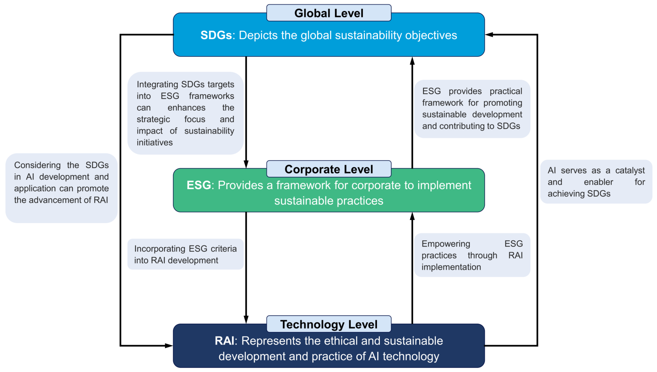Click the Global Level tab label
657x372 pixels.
click(x=328, y=13)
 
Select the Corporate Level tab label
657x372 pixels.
click(x=328, y=169)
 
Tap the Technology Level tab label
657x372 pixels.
click(x=328, y=324)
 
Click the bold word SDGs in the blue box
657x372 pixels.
click(x=216, y=35)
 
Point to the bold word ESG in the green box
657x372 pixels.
click(x=199, y=185)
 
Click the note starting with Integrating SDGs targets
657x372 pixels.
click(x=185, y=113)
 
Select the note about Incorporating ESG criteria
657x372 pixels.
click(x=185, y=254)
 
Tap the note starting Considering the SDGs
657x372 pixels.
click(x=61, y=188)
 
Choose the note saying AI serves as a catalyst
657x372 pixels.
click(x=596, y=182)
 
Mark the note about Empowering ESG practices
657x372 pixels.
click(x=472, y=255)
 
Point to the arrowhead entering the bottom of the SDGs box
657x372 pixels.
click(x=412, y=61)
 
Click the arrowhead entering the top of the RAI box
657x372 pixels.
click(x=246, y=319)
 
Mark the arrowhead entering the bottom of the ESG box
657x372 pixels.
click(x=412, y=216)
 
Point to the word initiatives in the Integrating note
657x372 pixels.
click(x=155, y=142)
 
